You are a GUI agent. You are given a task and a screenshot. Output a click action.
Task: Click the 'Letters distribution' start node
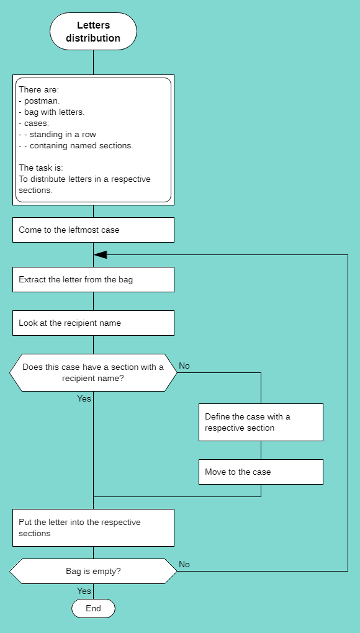click(93, 32)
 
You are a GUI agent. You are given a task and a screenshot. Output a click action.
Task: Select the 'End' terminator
click(93, 608)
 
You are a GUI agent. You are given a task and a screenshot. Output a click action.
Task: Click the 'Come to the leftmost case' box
click(93, 230)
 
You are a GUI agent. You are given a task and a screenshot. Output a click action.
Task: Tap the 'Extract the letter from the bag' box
click(93, 279)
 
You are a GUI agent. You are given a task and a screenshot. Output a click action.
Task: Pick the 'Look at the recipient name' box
click(93, 323)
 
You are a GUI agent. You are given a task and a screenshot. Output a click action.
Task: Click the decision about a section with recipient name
click(93, 372)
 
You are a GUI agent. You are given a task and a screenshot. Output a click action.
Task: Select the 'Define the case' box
click(261, 422)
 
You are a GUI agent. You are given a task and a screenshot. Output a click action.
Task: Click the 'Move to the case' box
click(261, 472)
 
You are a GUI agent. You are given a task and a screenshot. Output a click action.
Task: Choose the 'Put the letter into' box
click(93, 527)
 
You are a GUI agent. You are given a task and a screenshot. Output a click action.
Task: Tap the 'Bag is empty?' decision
click(93, 571)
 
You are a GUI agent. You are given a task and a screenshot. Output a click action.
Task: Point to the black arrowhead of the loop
click(100, 254)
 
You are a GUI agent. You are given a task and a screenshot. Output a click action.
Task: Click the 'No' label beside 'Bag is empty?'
click(184, 564)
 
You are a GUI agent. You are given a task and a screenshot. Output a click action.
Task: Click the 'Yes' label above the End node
click(84, 591)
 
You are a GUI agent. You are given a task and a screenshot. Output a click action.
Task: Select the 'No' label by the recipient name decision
click(184, 366)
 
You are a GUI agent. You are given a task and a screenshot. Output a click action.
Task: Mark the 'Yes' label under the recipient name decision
click(84, 398)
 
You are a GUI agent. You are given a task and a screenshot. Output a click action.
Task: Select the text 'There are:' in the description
click(38, 89)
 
